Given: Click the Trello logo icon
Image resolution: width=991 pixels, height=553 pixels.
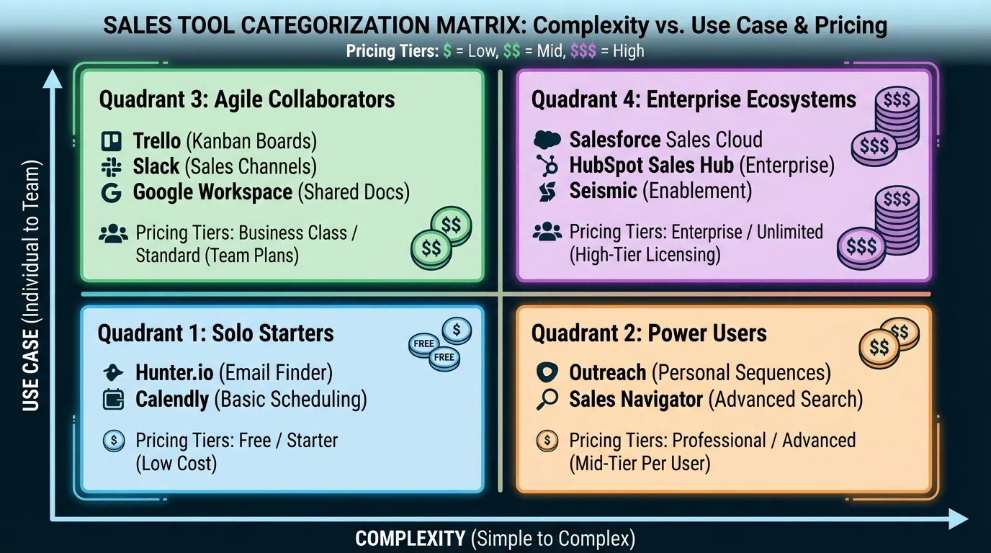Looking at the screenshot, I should pyautogui.click(x=112, y=140).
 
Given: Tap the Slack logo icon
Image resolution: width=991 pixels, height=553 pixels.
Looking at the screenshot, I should pyautogui.click(x=111, y=166).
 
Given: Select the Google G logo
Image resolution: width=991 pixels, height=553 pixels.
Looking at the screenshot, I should pyautogui.click(x=111, y=192).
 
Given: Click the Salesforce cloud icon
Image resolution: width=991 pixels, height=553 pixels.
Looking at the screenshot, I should pyautogui.click(x=547, y=140).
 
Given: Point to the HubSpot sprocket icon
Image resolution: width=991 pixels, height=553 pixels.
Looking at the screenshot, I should pyautogui.click(x=547, y=166).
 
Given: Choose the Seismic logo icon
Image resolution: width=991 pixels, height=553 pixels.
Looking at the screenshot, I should pyautogui.click(x=547, y=192).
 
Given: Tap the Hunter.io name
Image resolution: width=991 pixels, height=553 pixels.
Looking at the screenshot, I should pyautogui.click(x=175, y=373).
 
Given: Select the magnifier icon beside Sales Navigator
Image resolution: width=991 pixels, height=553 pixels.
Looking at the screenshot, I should pyautogui.click(x=547, y=400).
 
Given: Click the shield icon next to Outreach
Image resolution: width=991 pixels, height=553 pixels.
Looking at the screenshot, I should pyautogui.click(x=547, y=373).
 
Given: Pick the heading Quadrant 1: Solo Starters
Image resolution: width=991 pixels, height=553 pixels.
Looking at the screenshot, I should pyautogui.click(x=215, y=333).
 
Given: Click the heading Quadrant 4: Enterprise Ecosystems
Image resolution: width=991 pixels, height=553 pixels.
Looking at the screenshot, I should pyautogui.click(x=694, y=99).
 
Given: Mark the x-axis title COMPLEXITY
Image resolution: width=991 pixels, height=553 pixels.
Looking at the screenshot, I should pyautogui.click(x=410, y=539).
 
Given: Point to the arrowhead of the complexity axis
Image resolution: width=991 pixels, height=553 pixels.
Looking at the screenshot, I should pyautogui.click(x=958, y=518).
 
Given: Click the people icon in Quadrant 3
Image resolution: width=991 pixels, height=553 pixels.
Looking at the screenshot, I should pyautogui.click(x=112, y=233).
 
